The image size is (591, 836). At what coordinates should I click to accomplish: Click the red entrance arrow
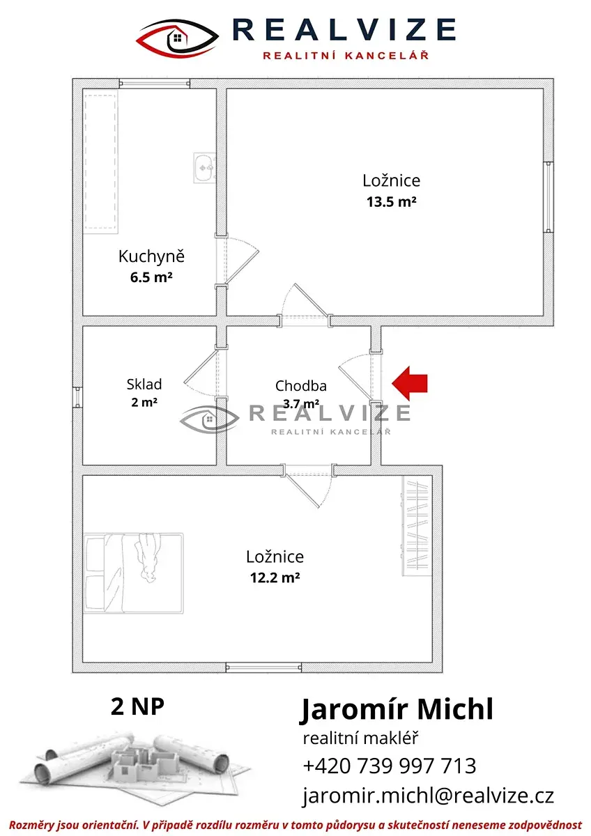tap(409, 383)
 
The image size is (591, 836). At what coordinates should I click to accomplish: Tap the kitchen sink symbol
tap(204, 168)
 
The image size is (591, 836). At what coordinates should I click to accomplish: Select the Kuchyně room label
tap(151, 256)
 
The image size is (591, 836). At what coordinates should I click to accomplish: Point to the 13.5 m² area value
tap(391, 202)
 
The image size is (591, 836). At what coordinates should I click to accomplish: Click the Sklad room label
tap(144, 384)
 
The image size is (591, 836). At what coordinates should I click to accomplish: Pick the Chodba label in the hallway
tap(301, 386)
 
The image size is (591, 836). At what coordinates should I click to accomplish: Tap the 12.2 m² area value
tap(275, 578)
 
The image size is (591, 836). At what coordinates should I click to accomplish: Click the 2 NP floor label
tap(137, 706)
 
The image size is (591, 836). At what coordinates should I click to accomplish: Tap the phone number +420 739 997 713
tap(390, 766)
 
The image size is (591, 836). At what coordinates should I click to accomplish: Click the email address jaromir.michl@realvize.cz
tap(428, 796)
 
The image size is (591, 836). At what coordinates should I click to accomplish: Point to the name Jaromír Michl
tap(397, 710)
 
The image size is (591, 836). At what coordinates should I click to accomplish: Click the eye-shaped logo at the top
tap(177, 38)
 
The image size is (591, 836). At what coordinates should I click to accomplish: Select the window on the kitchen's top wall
tap(155, 83)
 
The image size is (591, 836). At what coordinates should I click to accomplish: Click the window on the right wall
tap(548, 197)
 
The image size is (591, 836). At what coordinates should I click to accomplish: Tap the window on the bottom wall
tap(263, 667)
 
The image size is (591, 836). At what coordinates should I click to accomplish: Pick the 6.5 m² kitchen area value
tap(151, 278)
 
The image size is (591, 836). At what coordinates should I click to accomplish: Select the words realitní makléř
tap(360, 738)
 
